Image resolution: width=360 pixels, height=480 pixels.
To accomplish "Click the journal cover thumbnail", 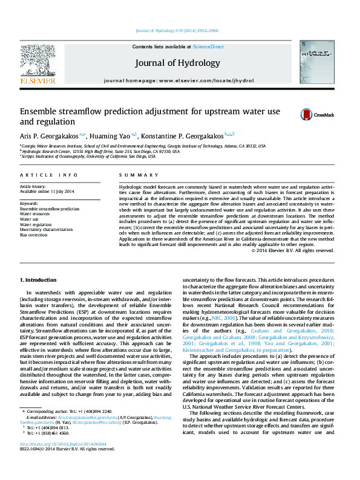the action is (x=315, y=66).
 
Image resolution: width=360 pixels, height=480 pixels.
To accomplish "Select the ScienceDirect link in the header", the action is (x=208, y=47).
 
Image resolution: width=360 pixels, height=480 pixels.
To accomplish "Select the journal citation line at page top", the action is (x=177, y=30).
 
